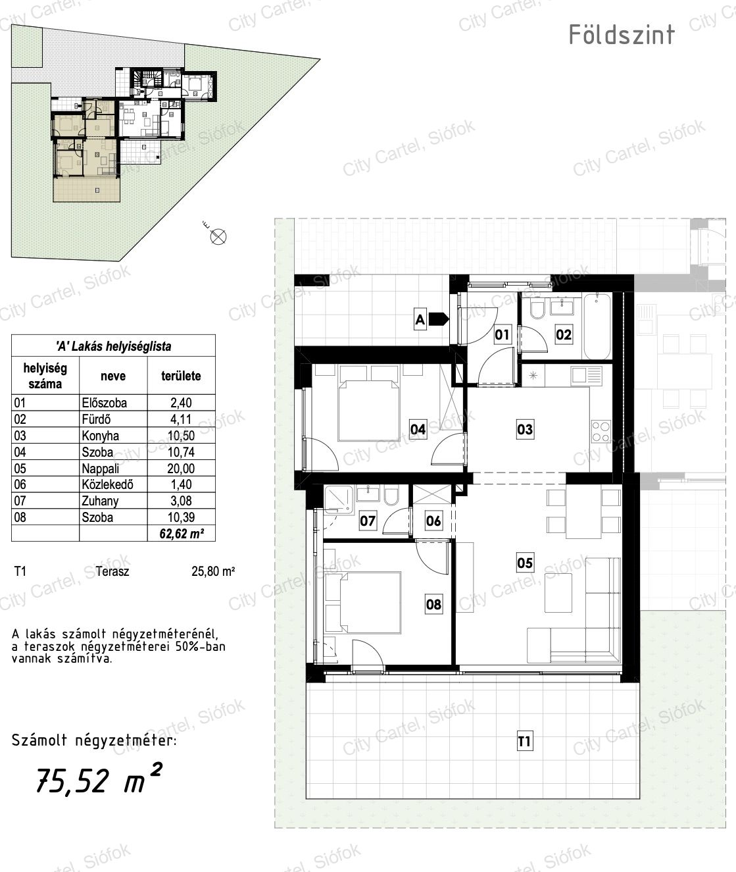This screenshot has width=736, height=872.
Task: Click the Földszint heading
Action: click(x=622, y=34)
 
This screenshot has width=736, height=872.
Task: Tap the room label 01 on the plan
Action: click(x=502, y=334)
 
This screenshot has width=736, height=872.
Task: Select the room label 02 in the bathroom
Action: click(x=563, y=334)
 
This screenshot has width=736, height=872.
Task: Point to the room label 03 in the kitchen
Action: click(x=525, y=429)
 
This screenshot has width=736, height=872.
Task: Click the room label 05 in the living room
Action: click(x=525, y=563)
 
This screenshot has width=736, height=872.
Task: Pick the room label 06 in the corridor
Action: click(x=433, y=521)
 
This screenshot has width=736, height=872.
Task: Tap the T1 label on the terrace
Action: click(x=524, y=742)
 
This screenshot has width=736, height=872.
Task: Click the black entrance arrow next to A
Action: click(x=438, y=319)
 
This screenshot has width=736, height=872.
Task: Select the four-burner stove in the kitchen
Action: click(x=601, y=432)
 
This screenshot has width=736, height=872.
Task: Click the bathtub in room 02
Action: click(x=597, y=326)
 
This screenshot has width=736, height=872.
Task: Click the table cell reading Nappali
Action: click(x=100, y=469)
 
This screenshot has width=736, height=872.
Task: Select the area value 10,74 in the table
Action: click(x=181, y=452)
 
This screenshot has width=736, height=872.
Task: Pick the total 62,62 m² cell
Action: click(x=182, y=533)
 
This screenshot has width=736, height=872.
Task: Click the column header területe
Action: click(x=181, y=376)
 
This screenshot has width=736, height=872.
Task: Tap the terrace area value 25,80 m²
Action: click(x=213, y=571)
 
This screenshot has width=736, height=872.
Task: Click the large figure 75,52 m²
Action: click(x=99, y=779)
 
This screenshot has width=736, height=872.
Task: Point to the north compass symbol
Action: click(x=218, y=237)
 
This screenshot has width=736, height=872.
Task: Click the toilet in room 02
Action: click(x=535, y=310)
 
